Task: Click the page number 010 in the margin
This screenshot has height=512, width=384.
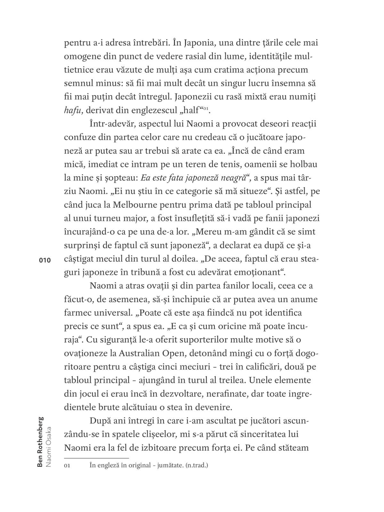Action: click(x=45, y=260)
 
